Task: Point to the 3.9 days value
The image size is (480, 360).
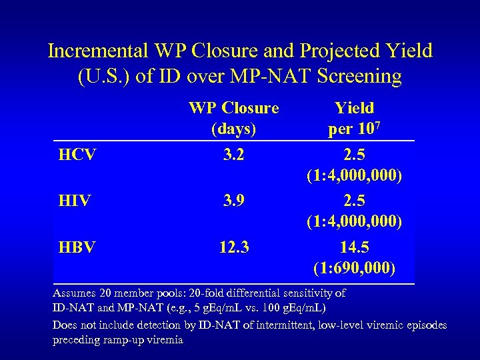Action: click(233, 201)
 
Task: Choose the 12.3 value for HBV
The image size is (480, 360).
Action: click(233, 247)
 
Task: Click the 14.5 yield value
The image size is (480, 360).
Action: click(354, 247)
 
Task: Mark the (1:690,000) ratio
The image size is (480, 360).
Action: click(354, 268)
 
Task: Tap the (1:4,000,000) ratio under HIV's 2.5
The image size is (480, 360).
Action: click(354, 221)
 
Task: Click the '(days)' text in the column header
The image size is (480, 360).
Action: click(233, 127)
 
